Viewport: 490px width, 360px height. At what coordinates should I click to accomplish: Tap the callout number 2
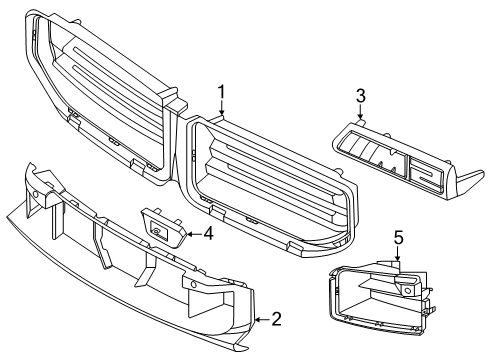(277, 319)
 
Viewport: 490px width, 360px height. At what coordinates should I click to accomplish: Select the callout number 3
(361, 96)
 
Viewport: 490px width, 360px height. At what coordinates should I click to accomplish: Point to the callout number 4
(208, 233)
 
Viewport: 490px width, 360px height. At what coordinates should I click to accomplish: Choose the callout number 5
(398, 238)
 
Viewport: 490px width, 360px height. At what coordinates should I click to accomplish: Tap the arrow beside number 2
(262, 320)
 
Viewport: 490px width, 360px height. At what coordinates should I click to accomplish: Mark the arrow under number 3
(360, 112)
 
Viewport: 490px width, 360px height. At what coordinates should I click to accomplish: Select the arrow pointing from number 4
(194, 234)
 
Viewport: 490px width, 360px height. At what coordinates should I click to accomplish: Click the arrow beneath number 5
(397, 254)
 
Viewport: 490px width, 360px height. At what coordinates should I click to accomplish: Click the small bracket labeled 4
(163, 227)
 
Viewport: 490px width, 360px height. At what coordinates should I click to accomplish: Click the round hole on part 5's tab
(407, 290)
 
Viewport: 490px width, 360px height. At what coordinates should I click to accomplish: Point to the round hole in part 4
(156, 230)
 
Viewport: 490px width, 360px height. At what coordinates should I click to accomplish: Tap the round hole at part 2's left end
(36, 194)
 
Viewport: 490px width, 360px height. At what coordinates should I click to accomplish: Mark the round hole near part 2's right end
(193, 284)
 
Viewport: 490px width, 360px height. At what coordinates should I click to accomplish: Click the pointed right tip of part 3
(483, 173)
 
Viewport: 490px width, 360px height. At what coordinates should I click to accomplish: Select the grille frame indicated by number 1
(268, 187)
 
